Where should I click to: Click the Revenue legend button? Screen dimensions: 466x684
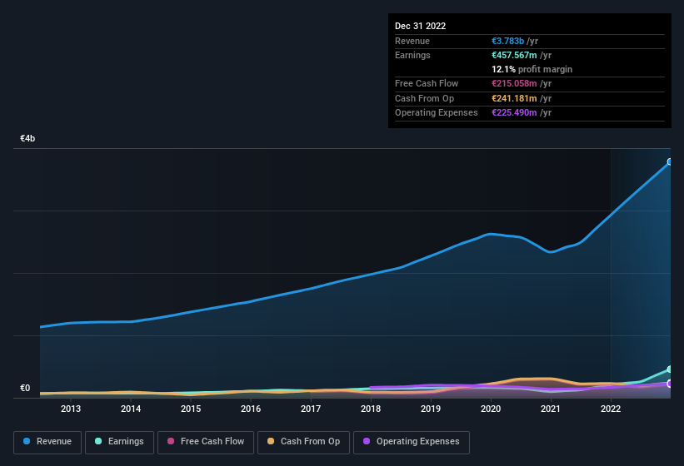pyautogui.click(x=47, y=442)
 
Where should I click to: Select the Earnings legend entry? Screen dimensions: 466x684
pyautogui.click(x=119, y=442)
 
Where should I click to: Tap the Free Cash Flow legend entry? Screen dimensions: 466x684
pyautogui.click(x=205, y=442)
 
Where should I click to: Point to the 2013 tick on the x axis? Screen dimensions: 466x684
pyautogui.click(x=71, y=409)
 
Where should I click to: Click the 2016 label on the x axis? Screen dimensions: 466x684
pyautogui.click(x=251, y=409)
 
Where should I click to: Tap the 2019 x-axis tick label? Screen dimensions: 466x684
pyautogui.click(x=431, y=409)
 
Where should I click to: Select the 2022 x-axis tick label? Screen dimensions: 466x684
pyautogui.click(x=611, y=409)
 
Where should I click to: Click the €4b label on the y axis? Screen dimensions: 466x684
pyautogui.click(x=27, y=138)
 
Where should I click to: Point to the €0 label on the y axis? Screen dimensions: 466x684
pyautogui.click(x=25, y=388)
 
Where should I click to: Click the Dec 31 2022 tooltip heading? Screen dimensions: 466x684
pyautogui.click(x=421, y=26)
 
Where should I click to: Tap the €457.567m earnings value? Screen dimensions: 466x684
pyautogui.click(x=522, y=55)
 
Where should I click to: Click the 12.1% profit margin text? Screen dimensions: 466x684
pyautogui.click(x=532, y=69)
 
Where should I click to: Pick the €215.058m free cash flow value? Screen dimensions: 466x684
pyautogui.click(x=522, y=83)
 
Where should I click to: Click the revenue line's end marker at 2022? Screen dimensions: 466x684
pyautogui.click(x=670, y=162)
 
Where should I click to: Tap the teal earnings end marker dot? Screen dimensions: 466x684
pyautogui.click(x=670, y=369)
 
